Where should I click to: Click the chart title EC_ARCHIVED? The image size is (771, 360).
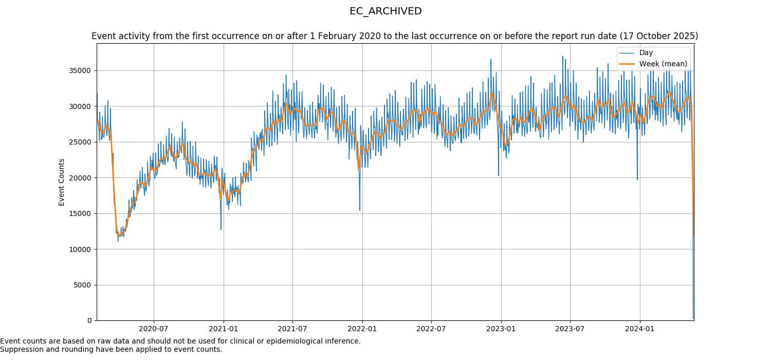[x=385, y=11]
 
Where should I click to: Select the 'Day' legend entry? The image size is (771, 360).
[x=646, y=53]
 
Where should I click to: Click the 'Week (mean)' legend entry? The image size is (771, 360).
[x=663, y=64]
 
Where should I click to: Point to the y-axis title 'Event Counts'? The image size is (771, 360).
[x=62, y=182]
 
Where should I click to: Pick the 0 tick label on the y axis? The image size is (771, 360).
[x=90, y=320]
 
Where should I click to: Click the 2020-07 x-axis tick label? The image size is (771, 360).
[x=154, y=329]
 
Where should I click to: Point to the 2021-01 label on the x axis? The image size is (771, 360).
[x=224, y=329]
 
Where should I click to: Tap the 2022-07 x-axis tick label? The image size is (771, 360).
[x=431, y=329]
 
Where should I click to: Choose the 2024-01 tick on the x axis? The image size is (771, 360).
[x=639, y=329]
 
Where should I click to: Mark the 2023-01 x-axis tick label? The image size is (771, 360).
[x=501, y=329]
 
